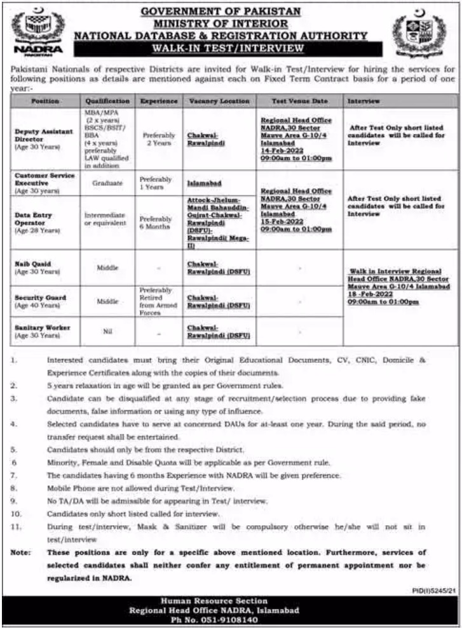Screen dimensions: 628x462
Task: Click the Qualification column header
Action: [107, 101]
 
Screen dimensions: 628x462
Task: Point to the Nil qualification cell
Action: [107, 330]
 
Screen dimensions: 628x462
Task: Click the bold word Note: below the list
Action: [22, 553]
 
